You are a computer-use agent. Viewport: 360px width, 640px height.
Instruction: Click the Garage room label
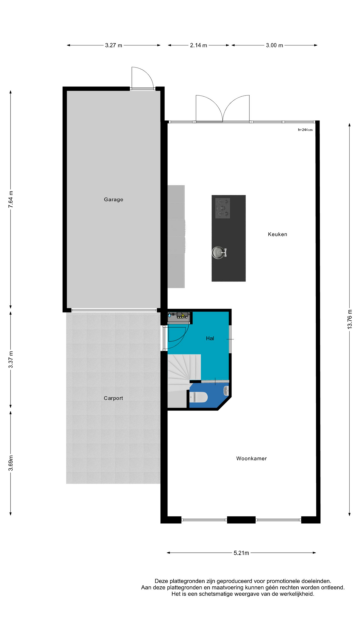[x=113, y=199]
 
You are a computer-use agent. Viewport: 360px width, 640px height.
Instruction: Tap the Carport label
[x=113, y=398]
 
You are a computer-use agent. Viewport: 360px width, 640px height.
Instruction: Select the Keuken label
[x=277, y=234]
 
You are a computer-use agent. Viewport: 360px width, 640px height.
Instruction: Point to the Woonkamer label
[x=251, y=458]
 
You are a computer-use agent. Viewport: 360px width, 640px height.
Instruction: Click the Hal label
[x=210, y=338]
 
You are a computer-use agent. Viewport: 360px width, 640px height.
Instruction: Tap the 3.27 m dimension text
[x=114, y=45]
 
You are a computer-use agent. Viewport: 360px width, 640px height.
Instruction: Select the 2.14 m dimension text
[x=199, y=45]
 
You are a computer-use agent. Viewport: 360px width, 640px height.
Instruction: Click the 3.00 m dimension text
[x=274, y=45]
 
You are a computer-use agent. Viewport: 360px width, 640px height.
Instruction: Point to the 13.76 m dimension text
[x=350, y=319]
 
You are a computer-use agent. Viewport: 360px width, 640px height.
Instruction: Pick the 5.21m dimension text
[x=241, y=553]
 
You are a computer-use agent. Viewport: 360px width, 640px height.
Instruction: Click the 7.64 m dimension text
[x=11, y=199]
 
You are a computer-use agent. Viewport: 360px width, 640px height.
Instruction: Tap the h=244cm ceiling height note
[x=305, y=130]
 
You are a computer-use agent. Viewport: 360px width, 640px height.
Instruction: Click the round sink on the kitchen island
[x=219, y=252]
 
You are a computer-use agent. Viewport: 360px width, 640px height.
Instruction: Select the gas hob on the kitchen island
[x=222, y=208]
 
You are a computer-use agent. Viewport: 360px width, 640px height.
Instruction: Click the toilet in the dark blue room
[x=198, y=397]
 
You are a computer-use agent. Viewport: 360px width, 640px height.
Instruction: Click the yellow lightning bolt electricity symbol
[x=182, y=315]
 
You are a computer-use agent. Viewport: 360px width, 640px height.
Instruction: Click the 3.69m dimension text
[x=11, y=463]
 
